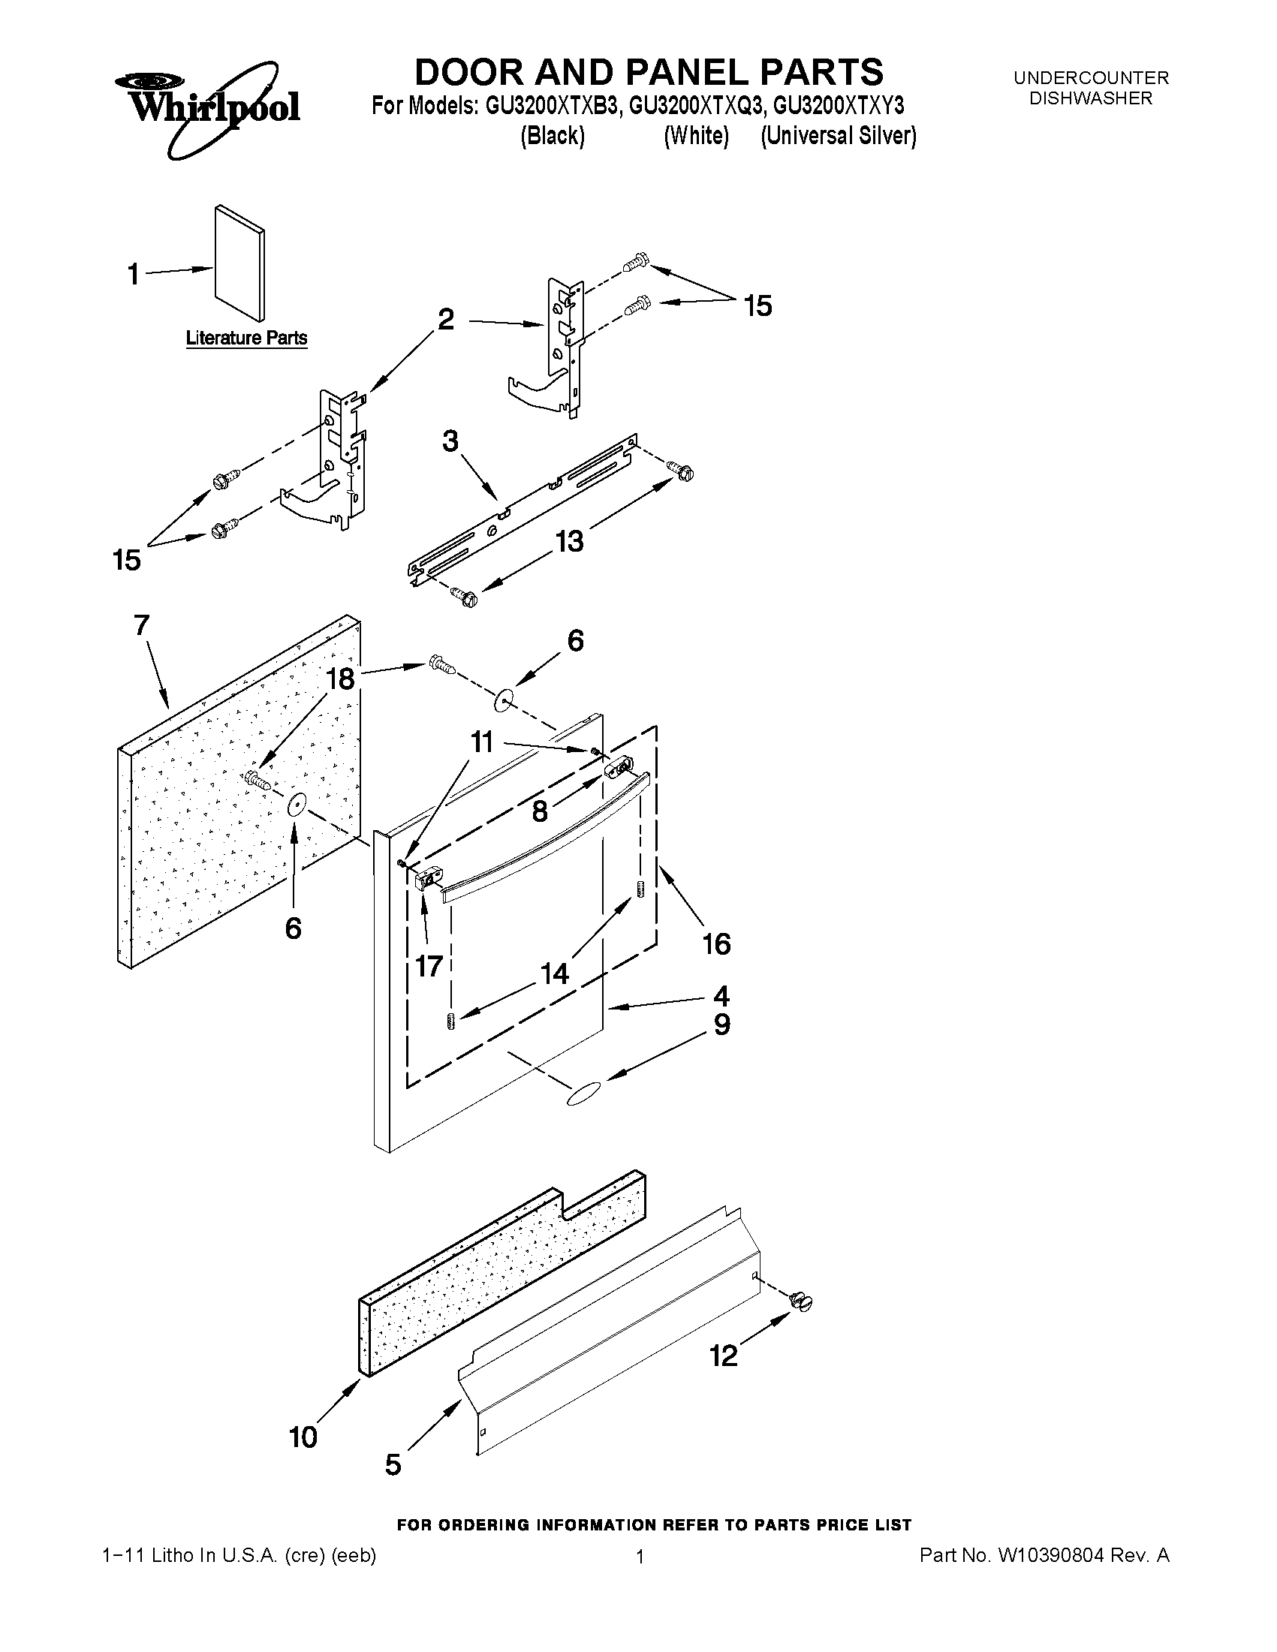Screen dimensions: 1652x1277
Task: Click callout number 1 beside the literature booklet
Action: coord(133,274)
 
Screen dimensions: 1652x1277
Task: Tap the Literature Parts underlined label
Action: coord(247,338)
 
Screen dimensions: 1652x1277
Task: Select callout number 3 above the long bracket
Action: coord(450,441)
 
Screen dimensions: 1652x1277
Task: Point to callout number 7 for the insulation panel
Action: coord(141,625)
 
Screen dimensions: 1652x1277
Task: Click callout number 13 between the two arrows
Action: coord(569,542)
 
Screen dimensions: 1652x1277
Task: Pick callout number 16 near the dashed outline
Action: coord(716,943)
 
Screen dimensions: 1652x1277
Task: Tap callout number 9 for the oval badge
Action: coord(721,1025)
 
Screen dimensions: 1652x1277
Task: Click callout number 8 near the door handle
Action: coord(539,811)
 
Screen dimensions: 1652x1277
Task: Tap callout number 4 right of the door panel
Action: coord(721,995)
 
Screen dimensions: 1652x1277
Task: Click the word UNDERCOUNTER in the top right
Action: coord(1090,78)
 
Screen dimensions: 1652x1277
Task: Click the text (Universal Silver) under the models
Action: coord(839,136)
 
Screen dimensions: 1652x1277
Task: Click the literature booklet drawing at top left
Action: coord(239,262)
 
